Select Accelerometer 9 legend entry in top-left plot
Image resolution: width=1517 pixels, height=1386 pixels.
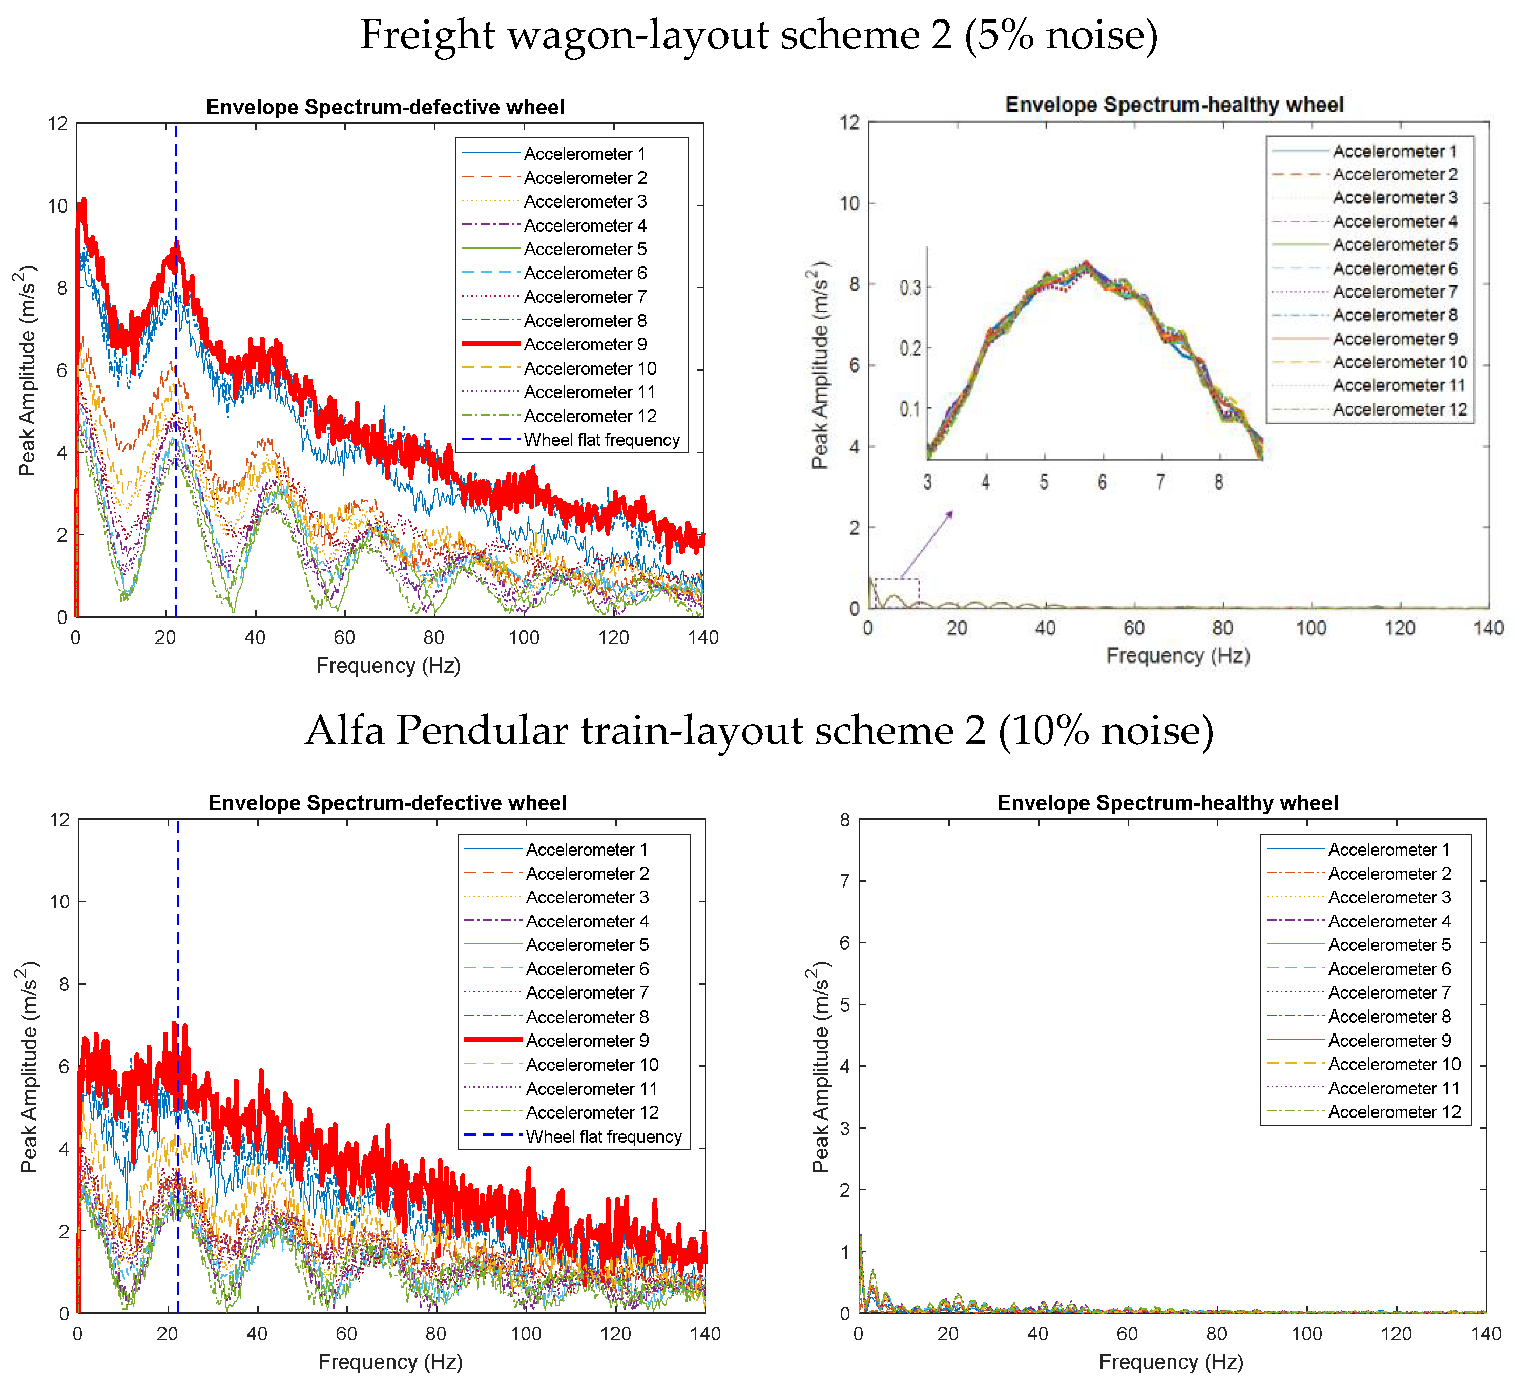coord(585,345)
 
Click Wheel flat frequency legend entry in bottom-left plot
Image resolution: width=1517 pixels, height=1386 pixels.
coord(604,1136)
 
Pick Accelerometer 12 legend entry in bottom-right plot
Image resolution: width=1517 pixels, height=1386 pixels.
coord(1394,1112)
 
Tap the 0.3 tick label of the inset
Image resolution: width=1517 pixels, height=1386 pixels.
coord(910,288)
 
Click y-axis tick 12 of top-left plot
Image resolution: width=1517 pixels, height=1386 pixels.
coord(58,123)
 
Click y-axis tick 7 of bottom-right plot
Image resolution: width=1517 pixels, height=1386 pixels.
coord(844,881)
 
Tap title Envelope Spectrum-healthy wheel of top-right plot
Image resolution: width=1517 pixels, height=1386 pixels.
coord(1174,105)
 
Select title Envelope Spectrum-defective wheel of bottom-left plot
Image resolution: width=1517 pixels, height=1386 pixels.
coord(387,803)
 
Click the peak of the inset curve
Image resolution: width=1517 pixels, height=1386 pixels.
coord(1086,263)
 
